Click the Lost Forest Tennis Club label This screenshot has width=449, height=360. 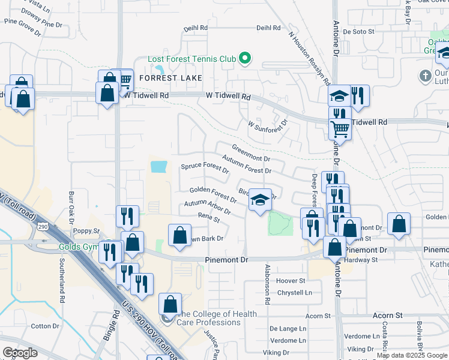pyautogui.click(x=191, y=59)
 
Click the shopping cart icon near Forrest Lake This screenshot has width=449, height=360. pyautogui.click(x=124, y=79)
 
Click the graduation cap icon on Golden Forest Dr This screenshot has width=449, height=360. pyautogui.click(x=260, y=200)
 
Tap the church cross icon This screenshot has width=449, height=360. pyautogui.click(x=426, y=76)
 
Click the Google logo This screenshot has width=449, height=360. pyautogui.click(x=20, y=353)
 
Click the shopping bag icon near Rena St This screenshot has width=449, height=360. pyautogui.click(x=179, y=235)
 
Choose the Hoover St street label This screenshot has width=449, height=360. pyautogui.click(x=291, y=280)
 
